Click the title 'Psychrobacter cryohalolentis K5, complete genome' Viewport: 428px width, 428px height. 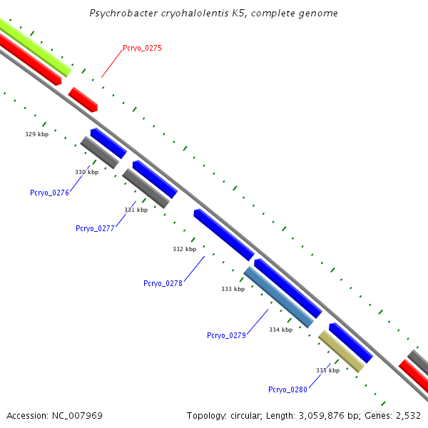(x=214, y=14)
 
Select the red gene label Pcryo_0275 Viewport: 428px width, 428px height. (x=142, y=48)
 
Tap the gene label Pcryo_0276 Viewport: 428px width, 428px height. (x=49, y=193)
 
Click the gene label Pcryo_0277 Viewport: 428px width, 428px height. (x=95, y=228)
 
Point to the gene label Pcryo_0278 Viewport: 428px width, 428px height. (x=163, y=283)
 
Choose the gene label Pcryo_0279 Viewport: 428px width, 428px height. (x=226, y=335)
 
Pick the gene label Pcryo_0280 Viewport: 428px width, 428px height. (x=287, y=389)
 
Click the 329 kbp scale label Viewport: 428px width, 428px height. (x=36, y=134)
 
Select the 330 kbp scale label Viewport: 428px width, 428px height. (x=86, y=172)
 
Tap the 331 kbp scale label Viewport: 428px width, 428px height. (x=136, y=210)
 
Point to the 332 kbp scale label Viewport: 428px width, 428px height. (x=184, y=249)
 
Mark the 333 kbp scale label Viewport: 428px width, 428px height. (x=233, y=289)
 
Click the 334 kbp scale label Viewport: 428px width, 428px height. (x=280, y=330)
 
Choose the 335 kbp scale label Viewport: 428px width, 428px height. (x=327, y=370)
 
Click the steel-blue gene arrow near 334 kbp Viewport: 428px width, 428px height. (x=278, y=297)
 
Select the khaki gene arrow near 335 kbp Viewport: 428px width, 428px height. (x=341, y=351)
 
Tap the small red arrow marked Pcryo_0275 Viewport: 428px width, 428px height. (x=83, y=99)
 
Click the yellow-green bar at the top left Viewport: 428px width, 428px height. (x=34, y=47)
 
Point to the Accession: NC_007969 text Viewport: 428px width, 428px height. (x=54, y=415)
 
